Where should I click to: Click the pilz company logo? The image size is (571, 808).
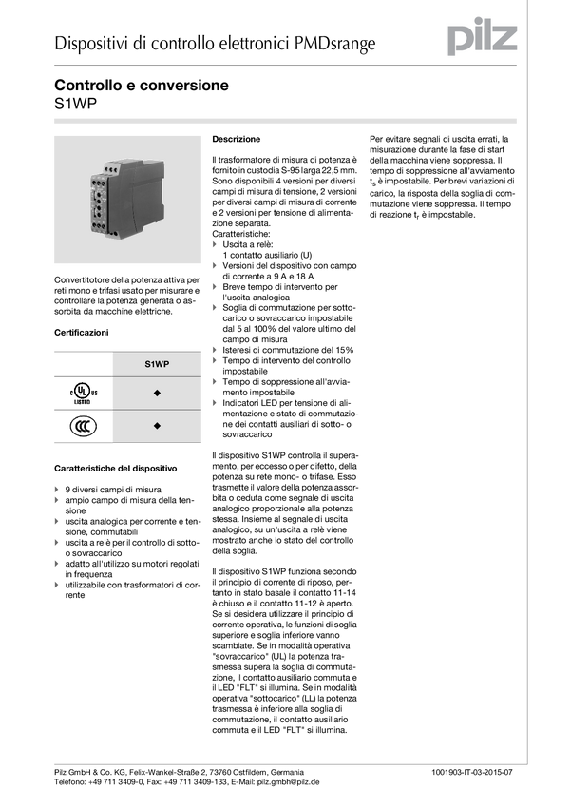coord(483,36)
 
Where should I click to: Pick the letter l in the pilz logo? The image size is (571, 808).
coord(491,35)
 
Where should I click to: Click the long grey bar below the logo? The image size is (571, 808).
coord(285,121)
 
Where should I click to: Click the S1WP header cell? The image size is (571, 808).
coord(157,363)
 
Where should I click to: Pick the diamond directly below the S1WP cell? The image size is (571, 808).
coord(157,393)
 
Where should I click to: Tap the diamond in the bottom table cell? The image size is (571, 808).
coord(157,426)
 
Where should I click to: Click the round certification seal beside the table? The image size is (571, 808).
coord(82,427)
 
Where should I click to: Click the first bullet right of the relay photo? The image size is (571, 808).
coord(214,244)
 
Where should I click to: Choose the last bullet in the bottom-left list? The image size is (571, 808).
coord(58,585)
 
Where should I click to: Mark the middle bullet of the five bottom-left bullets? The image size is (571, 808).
coord(58,542)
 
